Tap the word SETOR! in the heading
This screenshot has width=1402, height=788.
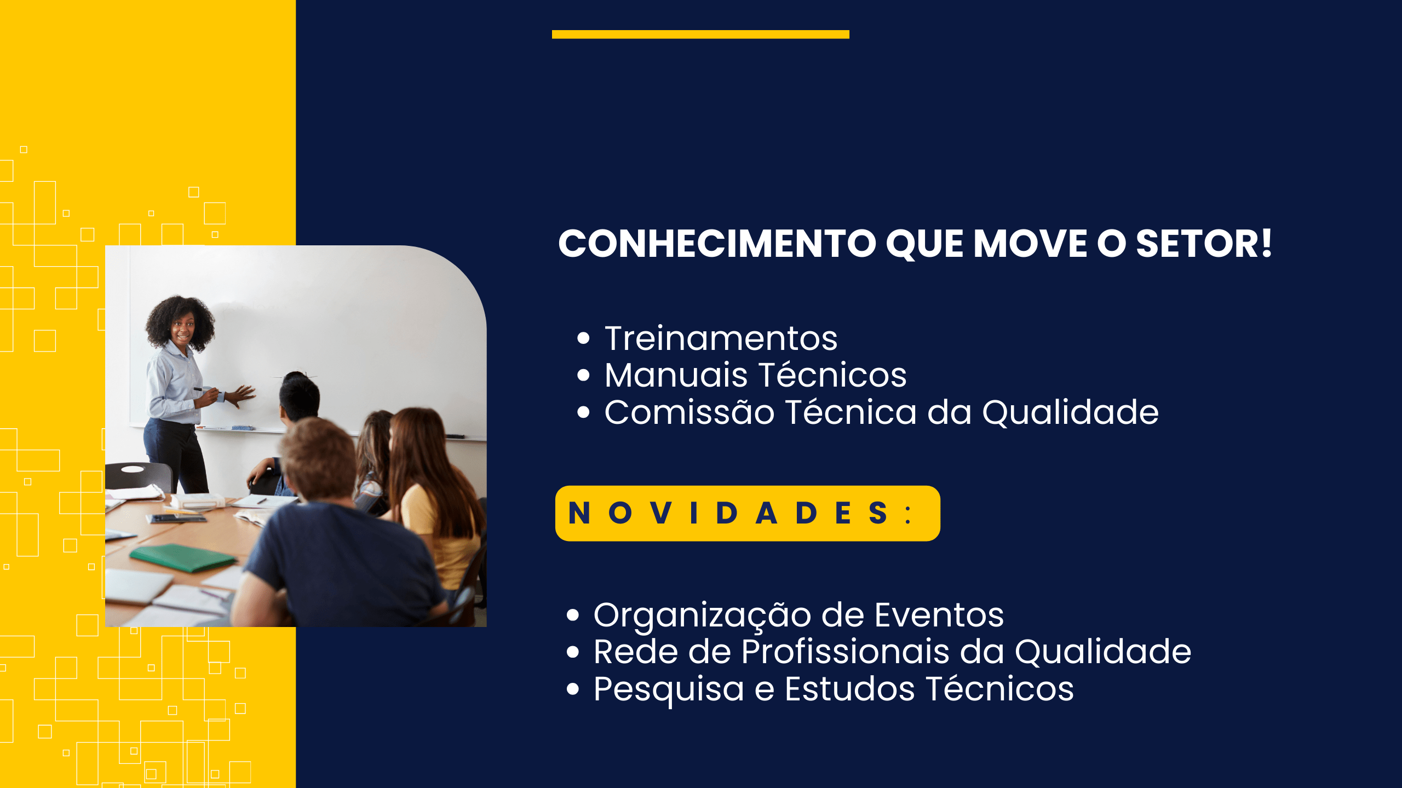tap(1204, 244)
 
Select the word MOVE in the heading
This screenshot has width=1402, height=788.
tap(1030, 244)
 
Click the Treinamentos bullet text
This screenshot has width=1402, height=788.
tap(721, 338)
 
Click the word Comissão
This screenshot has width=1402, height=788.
tap(689, 412)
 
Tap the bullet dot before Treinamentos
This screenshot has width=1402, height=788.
tap(583, 338)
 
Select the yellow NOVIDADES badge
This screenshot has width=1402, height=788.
tap(748, 513)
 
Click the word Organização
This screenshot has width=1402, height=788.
tap(702, 616)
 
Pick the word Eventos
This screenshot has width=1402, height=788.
tap(939, 615)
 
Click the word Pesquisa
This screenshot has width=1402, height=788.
tap(669, 689)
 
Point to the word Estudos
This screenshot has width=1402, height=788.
tap(849, 688)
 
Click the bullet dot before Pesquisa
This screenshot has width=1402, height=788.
tap(573, 689)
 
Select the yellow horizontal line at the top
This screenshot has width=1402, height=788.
tap(700, 34)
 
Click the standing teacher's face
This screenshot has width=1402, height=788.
tap(182, 329)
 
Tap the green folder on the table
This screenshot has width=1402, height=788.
tap(183, 557)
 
